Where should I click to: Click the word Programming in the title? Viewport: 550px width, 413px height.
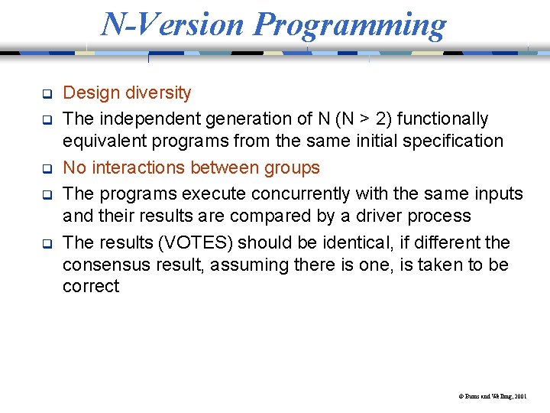coord(350,24)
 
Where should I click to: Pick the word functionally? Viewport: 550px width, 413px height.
coord(444,119)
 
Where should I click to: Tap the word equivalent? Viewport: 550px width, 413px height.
coord(102,141)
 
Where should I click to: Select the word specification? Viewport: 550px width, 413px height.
coord(455,141)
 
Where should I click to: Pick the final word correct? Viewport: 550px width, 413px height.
coord(91,288)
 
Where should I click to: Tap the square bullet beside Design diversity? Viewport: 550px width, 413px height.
coord(46,95)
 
